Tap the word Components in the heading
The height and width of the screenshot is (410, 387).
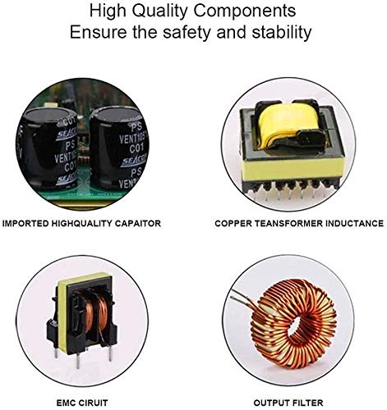pyautogui.click(x=245, y=11)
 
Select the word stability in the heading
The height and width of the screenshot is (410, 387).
pyautogui.click(x=282, y=32)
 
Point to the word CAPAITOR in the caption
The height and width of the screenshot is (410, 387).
pyautogui.click(x=137, y=223)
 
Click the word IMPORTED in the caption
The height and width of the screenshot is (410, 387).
pyautogui.click(x=25, y=223)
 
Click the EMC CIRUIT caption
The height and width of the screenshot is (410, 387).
pyautogui.click(x=82, y=403)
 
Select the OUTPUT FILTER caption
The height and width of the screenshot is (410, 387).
pyautogui.click(x=288, y=403)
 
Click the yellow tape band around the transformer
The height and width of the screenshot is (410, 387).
pyautogui.click(x=291, y=168)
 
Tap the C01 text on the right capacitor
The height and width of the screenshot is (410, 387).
pyautogui.click(x=136, y=149)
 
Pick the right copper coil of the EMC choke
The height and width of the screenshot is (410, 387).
pyautogui.click(x=103, y=314)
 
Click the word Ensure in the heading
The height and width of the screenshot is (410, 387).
pyautogui.click(x=98, y=32)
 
